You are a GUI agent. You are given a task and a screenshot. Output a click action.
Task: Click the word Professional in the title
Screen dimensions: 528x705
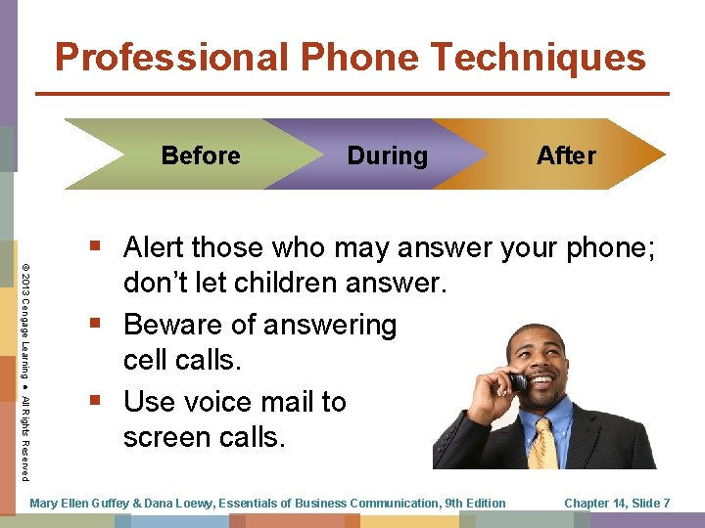click(172, 58)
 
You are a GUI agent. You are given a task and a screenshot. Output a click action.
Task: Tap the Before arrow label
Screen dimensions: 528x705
click(201, 155)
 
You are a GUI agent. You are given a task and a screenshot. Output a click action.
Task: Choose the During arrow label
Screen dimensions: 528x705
click(388, 155)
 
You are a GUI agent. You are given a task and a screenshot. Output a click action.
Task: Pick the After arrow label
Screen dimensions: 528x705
click(566, 155)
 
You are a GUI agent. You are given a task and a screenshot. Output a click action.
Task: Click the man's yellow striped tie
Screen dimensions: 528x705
click(540, 446)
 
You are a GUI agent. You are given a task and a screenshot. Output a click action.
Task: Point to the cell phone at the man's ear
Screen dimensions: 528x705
click(518, 381)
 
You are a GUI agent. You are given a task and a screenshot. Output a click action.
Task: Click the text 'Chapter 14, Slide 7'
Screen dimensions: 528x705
click(617, 504)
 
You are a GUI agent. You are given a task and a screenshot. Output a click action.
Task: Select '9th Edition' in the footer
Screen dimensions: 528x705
click(474, 504)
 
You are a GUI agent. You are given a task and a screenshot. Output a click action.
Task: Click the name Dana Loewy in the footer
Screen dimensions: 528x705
click(173, 504)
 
